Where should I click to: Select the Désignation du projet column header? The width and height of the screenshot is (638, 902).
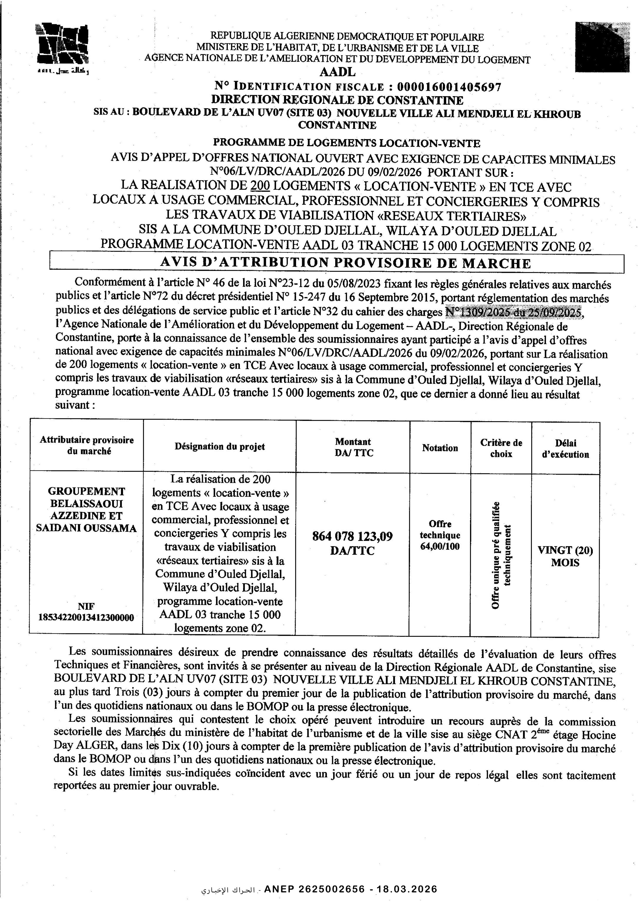tap(220, 446)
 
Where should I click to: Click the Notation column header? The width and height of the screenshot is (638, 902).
tap(440, 448)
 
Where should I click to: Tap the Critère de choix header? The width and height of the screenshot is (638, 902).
tap(501, 448)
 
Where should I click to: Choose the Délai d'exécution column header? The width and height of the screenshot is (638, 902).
tap(565, 449)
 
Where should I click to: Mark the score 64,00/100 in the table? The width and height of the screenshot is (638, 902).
tap(440, 546)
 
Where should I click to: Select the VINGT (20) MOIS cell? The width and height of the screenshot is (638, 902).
tap(565, 556)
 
